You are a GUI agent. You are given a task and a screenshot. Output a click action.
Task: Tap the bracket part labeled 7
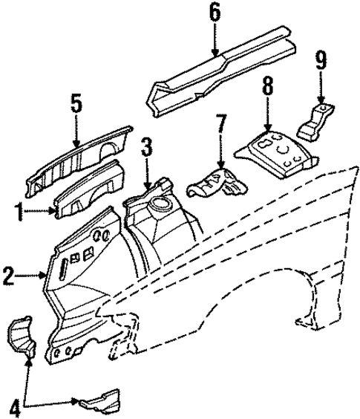(x=215, y=183)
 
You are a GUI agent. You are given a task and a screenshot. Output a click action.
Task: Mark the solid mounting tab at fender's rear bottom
(x=304, y=320)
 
